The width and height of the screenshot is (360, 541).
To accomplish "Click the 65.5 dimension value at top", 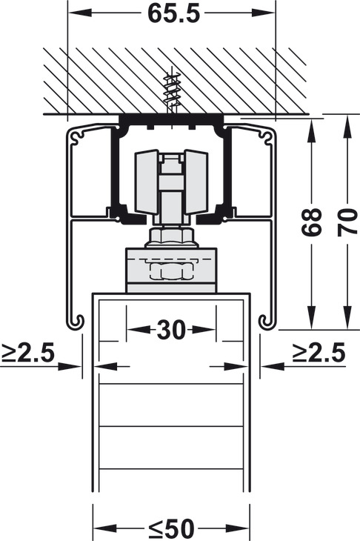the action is (x=174, y=13).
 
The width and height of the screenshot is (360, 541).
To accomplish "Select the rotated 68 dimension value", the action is (x=311, y=222).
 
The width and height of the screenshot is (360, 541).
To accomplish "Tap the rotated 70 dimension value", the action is (x=347, y=222).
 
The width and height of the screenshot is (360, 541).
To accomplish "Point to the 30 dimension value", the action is (x=171, y=330).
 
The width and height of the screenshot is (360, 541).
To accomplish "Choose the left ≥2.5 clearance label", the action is (x=27, y=353).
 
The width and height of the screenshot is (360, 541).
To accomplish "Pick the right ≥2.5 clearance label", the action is (x=319, y=353).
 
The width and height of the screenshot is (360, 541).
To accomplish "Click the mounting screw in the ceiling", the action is (x=171, y=93).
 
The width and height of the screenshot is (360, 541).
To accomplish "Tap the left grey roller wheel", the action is (x=147, y=182).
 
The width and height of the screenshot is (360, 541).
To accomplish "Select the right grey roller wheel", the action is (x=196, y=182).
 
